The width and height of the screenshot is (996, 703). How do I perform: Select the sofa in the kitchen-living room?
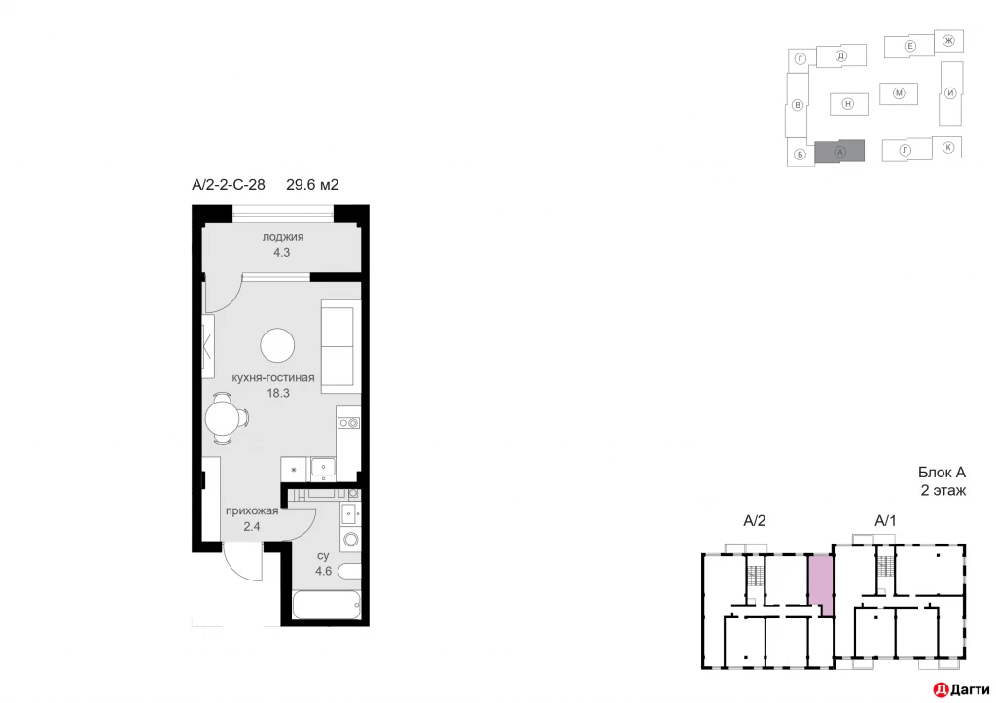pos(339,346)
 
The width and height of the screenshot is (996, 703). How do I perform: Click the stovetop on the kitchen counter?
pos(348,422)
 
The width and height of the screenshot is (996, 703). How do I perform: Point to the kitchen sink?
pos(322,469)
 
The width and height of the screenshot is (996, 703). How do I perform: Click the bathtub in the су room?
pos(327,607)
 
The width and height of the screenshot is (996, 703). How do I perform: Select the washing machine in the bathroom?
pos(350,539)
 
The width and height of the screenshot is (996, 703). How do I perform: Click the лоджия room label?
pos(283,236)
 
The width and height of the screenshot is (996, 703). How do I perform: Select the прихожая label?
pos(252,511)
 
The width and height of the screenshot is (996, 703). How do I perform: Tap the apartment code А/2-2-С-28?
pos(229,184)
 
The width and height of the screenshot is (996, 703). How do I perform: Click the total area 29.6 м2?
pos(311,184)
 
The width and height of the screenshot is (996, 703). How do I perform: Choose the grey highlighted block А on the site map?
pos(839,152)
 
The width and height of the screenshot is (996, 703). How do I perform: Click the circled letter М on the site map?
pos(899,93)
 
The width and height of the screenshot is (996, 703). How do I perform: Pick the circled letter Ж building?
pos(948,40)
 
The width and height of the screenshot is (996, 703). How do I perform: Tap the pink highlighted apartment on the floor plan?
pos(821,581)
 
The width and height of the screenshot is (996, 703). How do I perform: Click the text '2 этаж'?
pos(943,491)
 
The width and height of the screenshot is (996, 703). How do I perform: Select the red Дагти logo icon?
pos(940,689)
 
